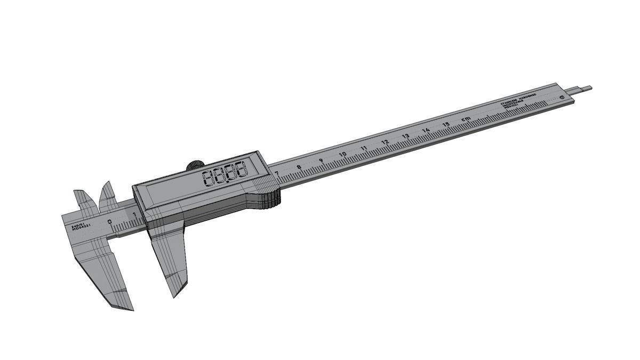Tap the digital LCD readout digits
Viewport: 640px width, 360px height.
pos(226,173)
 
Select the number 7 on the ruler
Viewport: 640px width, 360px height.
pos(276,173)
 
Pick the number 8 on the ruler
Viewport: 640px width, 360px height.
pos(299,167)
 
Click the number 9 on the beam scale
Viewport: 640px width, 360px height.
pos(321,161)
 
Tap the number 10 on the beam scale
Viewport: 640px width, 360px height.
pos(342,155)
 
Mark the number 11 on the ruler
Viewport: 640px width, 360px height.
pos(364,148)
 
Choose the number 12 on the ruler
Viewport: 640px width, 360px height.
pos(385,142)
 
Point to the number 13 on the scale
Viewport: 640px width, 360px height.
pos(406,137)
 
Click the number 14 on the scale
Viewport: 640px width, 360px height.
pos(426,131)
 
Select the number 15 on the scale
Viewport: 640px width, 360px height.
pos(446,125)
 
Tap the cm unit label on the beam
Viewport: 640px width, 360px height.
pos(466,118)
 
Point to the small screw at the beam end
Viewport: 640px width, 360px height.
pos(562,98)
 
